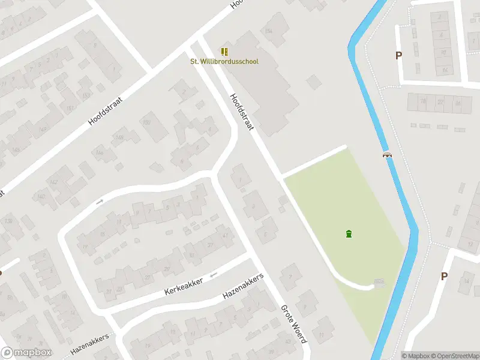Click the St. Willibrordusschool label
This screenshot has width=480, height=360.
click(x=224, y=62)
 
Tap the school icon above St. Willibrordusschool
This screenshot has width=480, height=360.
click(x=224, y=52)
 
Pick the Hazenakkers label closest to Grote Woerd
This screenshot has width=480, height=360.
click(x=243, y=286)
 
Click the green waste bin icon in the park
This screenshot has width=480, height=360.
click(x=349, y=233)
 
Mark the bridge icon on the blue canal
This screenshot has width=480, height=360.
click(x=388, y=155)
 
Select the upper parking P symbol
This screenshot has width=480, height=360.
click(x=398, y=56)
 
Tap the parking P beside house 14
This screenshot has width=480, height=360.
click(x=444, y=277)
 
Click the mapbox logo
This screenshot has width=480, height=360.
click(x=26, y=353)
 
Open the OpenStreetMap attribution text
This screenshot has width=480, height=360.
click(x=452, y=356)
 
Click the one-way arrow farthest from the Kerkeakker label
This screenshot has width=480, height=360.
click(x=100, y=201)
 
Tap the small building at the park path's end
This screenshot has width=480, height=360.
click(x=379, y=283)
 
